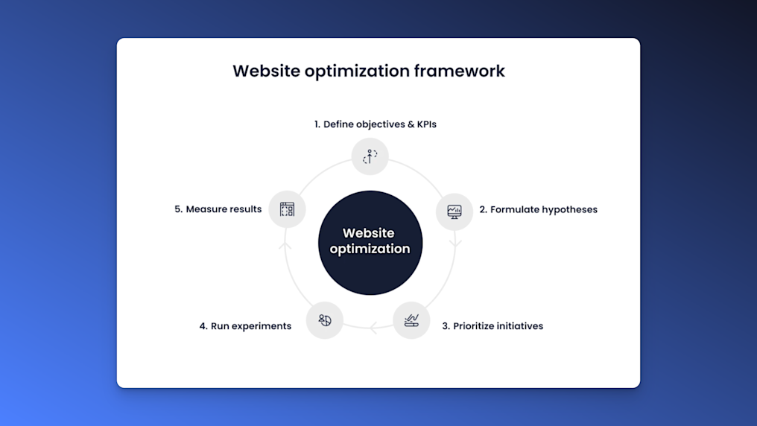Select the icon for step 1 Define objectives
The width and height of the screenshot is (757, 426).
click(370, 156)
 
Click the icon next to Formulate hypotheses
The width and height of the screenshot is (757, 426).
click(454, 212)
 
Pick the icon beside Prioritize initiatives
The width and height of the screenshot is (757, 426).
click(411, 320)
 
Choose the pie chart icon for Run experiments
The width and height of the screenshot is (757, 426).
click(325, 320)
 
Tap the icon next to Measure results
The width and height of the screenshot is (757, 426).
click(287, 209)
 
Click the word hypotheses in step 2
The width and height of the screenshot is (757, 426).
click(569, 210)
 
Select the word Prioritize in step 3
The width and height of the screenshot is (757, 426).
click(478, 326)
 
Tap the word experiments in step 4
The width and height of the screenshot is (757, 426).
click(261, 326)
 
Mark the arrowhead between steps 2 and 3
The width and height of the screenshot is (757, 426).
click(457, 242)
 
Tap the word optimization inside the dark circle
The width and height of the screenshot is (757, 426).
click(370, 249)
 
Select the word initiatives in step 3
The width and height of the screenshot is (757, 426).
click(516, 326)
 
